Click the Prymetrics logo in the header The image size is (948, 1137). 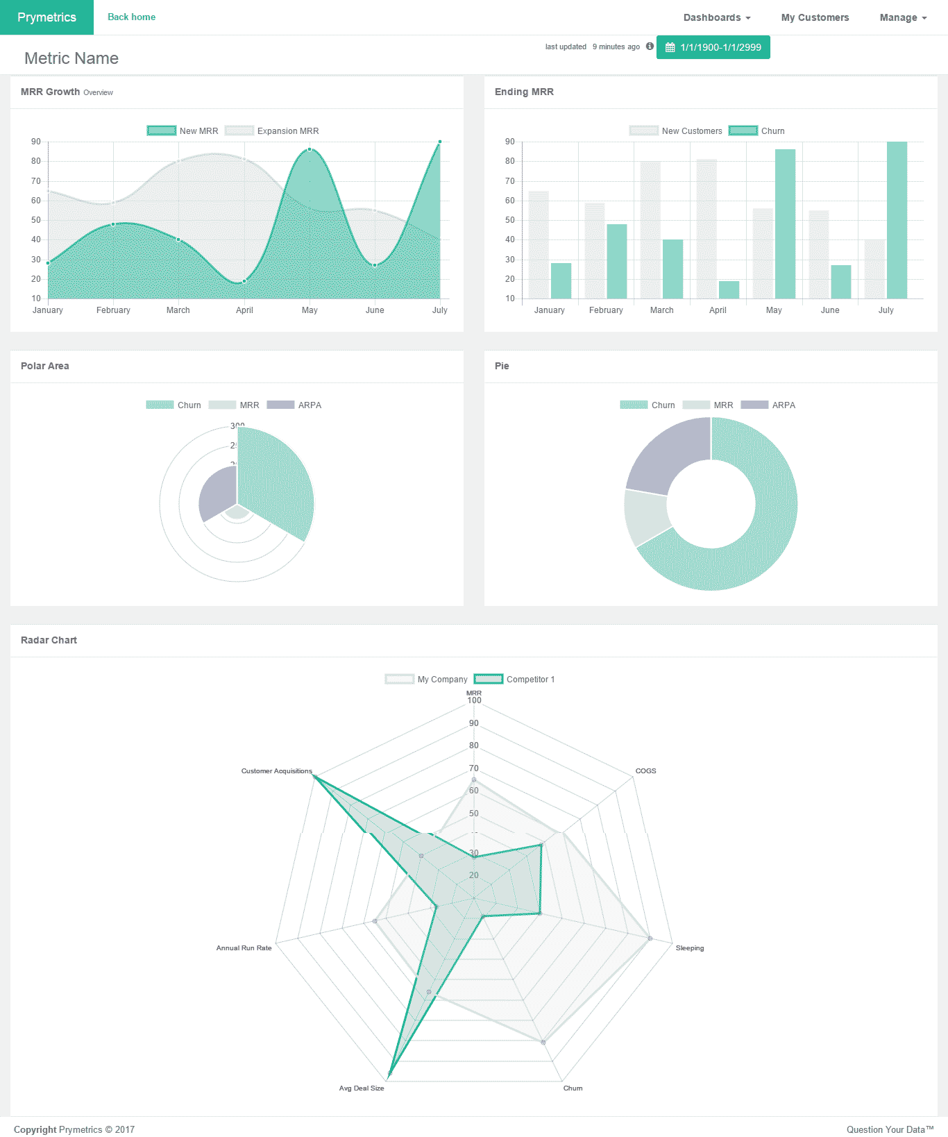click(x=46, y=17)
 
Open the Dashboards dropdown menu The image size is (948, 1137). click(x=716, y=17)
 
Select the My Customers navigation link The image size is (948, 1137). click(x=815, y=17)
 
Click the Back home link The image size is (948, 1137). click(x=131, y=17)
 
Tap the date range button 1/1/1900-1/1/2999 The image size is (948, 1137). click(x=713, y=47)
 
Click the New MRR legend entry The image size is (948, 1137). click(x=183, y=130)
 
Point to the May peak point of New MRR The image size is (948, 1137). click(x=310, y=149)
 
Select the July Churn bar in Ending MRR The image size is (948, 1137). click(x=897, y=220)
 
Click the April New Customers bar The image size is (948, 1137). click(x=706, y=229)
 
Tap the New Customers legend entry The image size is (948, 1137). click(x=676, y=130)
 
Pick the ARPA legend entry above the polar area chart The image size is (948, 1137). click(x=294, y=405)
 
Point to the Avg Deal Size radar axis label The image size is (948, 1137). click(x=362, y=1088)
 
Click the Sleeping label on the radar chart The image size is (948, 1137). click(x=690, y=947)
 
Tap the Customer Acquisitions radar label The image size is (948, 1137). click(x=276, y=770)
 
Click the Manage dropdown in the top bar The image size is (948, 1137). click(x=903, y=17)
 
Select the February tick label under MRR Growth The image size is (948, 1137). click(x=113, y=310)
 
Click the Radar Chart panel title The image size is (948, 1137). click(x=49, y=640)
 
